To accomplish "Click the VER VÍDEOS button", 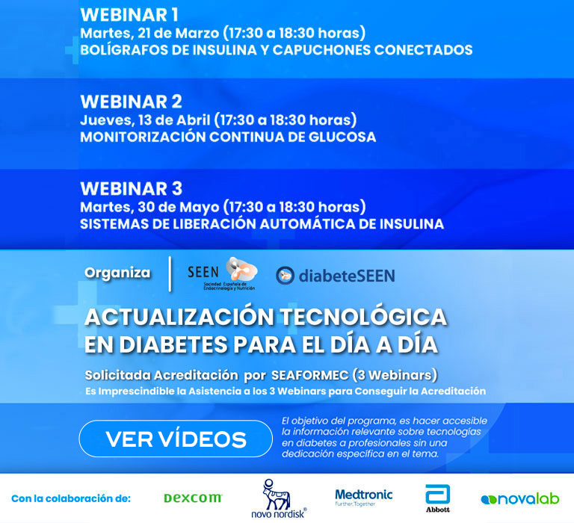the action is point(176,439).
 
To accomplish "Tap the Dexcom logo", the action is point(193,498).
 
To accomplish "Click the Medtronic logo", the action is point(363,498).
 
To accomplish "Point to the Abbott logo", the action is point(438,498).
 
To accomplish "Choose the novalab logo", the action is point(520,499).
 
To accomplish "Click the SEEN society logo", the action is point(223,273).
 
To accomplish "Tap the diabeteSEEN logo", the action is point(336,276).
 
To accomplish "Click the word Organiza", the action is point(117,273).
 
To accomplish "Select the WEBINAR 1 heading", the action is point(129,15).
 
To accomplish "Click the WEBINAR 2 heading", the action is point(131,102).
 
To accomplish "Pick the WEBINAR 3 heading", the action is point(131,189).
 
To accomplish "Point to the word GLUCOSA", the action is point(342,137).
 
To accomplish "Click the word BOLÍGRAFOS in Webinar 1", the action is point(125,50).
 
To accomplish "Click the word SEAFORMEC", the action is point(309,375).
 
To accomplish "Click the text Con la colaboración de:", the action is point(71,498).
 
